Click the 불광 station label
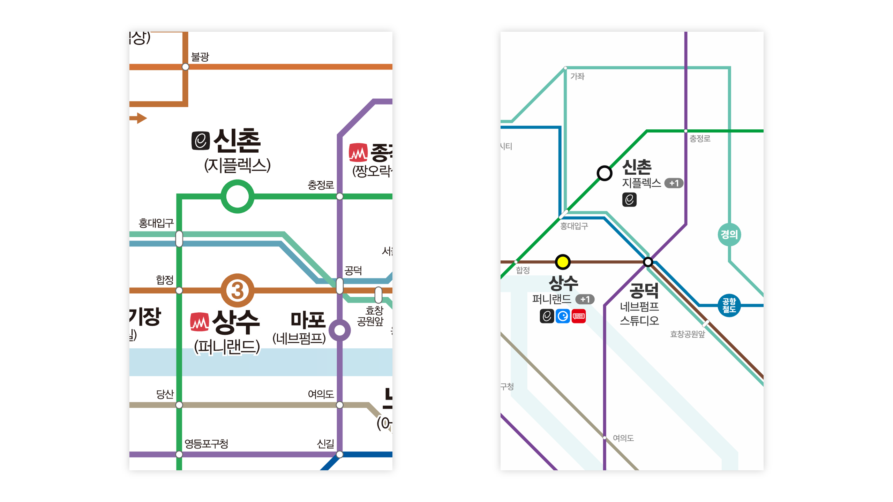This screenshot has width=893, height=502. point(200,56)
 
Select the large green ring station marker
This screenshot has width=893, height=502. point(237,196)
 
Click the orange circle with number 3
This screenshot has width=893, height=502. point(237,290)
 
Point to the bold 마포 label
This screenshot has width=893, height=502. point(308,320)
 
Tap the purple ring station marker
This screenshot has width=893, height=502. point(339,330)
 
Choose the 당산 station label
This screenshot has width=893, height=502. point(165,394)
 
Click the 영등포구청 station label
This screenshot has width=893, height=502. point(206,443)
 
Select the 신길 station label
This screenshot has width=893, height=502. point(325,443)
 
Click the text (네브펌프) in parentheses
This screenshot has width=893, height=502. point(299,338)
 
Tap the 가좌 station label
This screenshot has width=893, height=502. point(577,76)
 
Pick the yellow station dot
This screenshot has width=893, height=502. point(562,262)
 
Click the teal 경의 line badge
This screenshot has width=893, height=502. point(729,234)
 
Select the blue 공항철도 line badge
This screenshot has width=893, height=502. point(729,305)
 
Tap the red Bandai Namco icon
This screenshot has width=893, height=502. point(578,316)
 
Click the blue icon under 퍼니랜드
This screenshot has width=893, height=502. point(562,316)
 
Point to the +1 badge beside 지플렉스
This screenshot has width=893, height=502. point(673,183)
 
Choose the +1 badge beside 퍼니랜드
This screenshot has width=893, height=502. point(585,299)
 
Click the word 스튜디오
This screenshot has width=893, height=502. point(639,320)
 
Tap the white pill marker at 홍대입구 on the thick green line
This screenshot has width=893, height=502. point(179,239)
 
